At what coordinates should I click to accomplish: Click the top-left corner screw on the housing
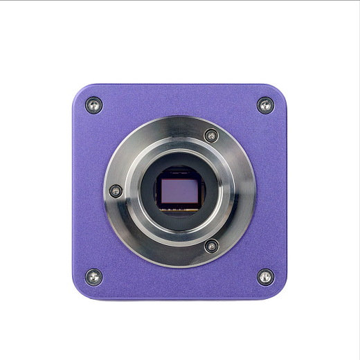click(95, 105)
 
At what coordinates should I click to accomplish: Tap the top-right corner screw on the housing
click(265, 105)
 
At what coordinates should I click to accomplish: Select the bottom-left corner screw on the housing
click(95, 277)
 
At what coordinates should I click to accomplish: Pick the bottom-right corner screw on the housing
click(265, 277)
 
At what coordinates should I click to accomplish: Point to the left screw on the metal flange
click(116, 190)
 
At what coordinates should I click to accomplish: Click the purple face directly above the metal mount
click(179, 100)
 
